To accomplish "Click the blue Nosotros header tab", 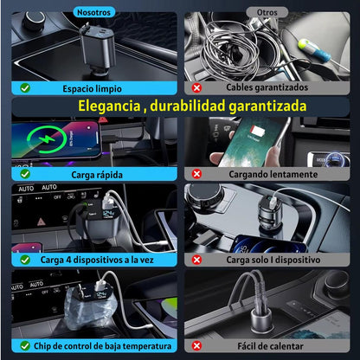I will (93, 12).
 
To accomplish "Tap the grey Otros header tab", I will (267, 12).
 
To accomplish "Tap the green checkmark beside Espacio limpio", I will (24, 87).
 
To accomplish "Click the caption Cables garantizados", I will (267, 87).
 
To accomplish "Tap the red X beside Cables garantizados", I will (197, 87).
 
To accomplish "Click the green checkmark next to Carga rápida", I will (24, 172).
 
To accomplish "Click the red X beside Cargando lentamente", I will (197, 172).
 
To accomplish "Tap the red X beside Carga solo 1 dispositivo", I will (197, 259).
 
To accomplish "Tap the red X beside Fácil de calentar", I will (197, 346).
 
